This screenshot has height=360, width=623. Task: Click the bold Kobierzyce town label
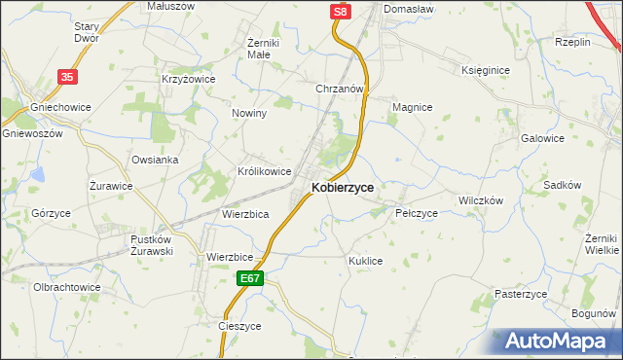pyautogui.click(x=343, y=188)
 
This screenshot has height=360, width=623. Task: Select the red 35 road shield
pyautogui.click(x=67, y=76)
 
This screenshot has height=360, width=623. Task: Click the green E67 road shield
pyautogui.click(x=250, y=278)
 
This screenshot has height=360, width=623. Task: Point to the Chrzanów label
pyautogui.click(x=340, y=89)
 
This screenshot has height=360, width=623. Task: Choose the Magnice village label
pyautogui.click(x=412, y=107)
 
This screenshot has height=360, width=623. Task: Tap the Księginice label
pyautogui.click(x=487, y=70)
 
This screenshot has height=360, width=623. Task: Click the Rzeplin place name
pyautogui.click(x=572, y=42)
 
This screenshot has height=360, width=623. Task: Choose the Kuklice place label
pyautogui.click(x=366, y=261)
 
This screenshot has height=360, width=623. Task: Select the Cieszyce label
pyautogui.click(x=240, y=327)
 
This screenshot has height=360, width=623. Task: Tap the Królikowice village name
pyautogui.click(x=265, y=171)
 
